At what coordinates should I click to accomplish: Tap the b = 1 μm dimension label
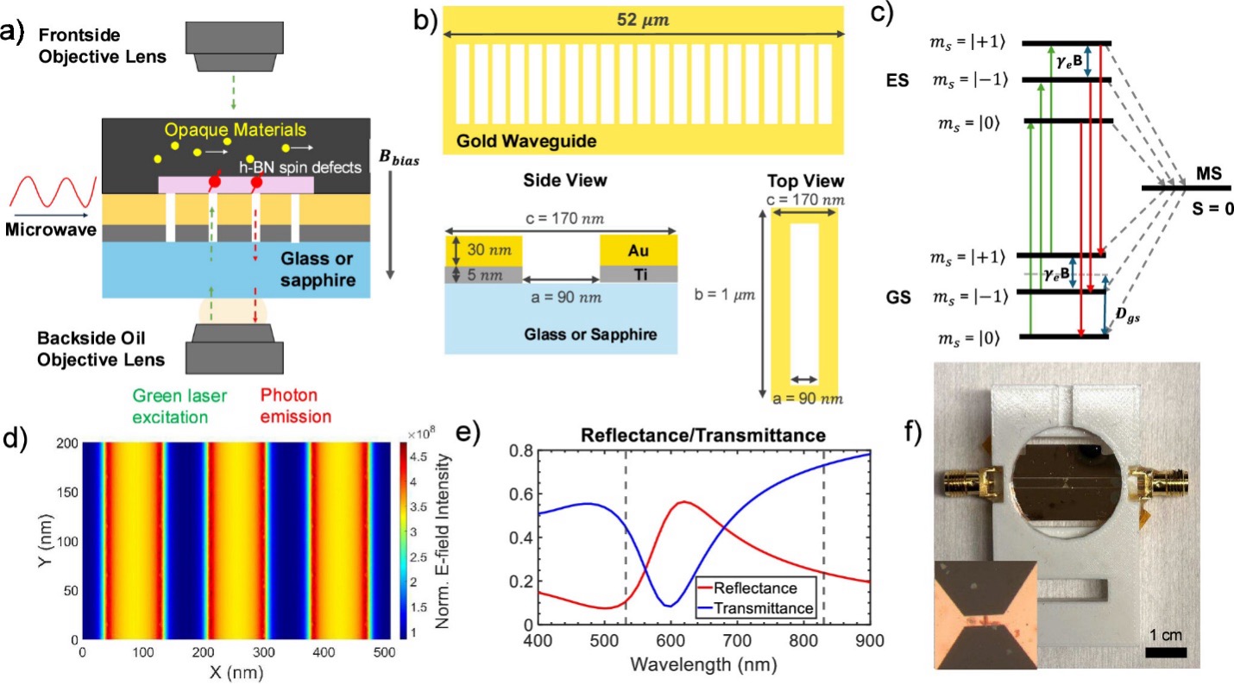(x=725, y=293)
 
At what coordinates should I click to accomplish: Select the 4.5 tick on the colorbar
(x=421, y=457)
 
